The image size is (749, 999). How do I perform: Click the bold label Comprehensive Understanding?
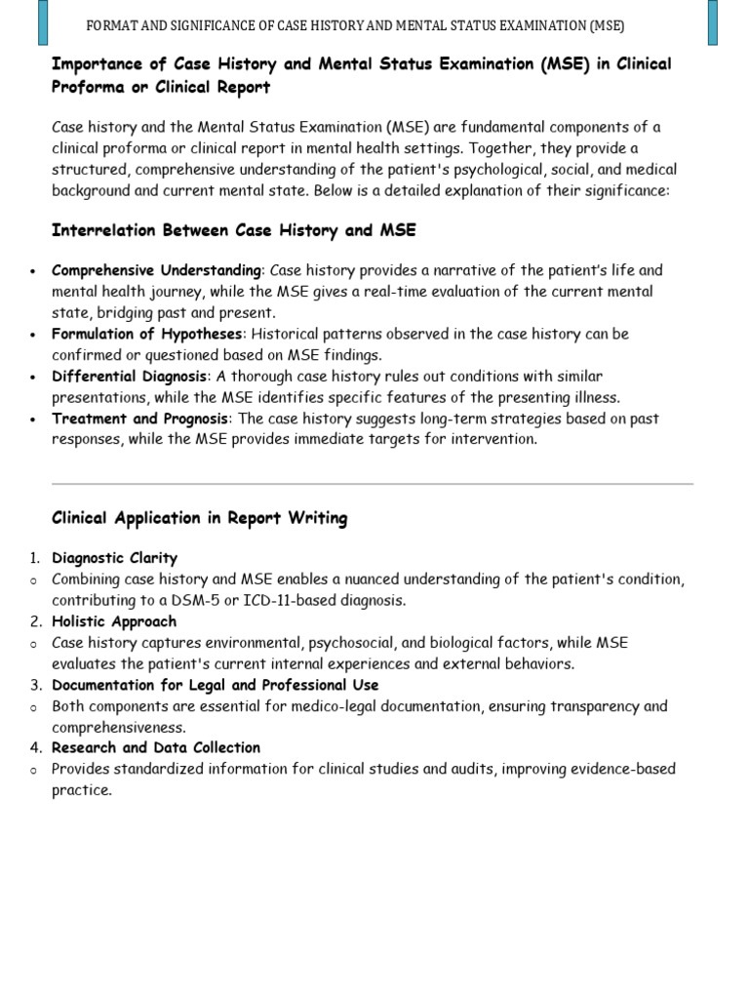(156, 270)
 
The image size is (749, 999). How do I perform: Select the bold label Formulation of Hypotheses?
(145, 334)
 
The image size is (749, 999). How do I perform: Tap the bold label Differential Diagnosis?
(129, 377)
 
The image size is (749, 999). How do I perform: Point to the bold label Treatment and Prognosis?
(139, 419)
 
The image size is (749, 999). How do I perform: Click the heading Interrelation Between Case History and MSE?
(233, 230)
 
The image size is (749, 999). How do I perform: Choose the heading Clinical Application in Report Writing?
(199, 518)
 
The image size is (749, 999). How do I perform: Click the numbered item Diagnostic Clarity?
(114, 558)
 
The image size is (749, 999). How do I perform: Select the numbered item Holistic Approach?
(114, 621)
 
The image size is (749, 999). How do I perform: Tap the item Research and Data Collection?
(156, 747)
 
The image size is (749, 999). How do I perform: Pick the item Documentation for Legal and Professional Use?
(215, 685)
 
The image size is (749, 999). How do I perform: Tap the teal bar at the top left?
(42, 22)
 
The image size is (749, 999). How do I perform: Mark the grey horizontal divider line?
(372, 483)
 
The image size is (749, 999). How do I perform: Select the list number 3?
(34, 685)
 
